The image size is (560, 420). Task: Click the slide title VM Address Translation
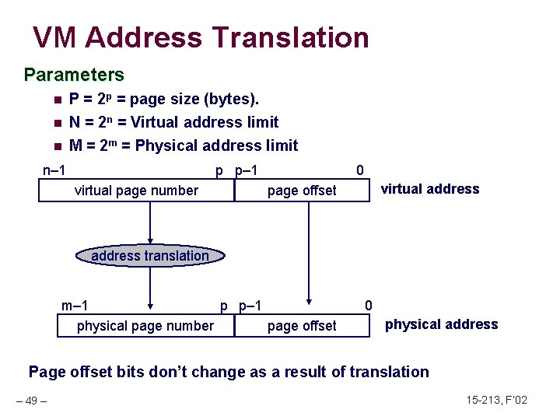pos(201,37)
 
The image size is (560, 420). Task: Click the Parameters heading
pos(74,75)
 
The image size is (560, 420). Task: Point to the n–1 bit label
pos(54,170)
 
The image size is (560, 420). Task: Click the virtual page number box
pos(136,191)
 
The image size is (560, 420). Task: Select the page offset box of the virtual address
pos(302,191)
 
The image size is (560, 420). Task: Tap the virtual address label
pos(429,189)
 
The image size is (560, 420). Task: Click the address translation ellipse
pos(150,256)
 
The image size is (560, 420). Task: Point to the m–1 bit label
pos(75,306)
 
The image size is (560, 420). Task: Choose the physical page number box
pos(145,326)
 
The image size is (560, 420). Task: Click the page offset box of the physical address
pos(302,326)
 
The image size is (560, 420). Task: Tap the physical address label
pos(441,324)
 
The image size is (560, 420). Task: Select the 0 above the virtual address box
pos(359,170)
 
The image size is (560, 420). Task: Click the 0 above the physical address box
pos(369,306)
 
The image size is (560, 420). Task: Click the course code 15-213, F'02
pos(497,400)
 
